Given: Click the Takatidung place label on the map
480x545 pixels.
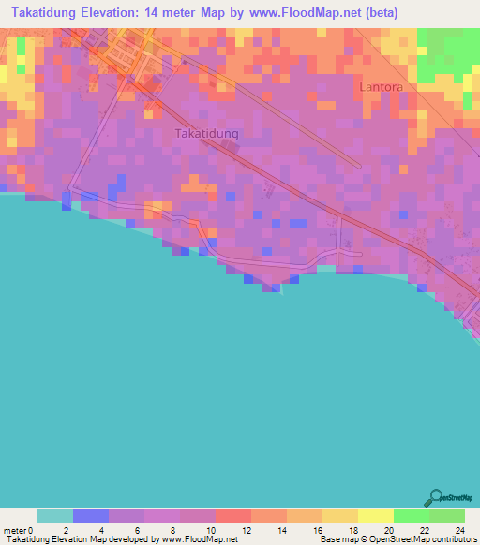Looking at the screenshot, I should pyautogui.click(x=206, y=134).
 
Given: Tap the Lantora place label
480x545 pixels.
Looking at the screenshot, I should pyautogui.click(x=380, y=87).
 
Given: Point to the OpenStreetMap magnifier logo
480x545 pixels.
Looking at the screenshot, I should pyautogui.click(x=435, y=497).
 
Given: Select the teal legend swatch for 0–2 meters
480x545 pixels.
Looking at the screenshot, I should pyautogui.click(x=55, y=517).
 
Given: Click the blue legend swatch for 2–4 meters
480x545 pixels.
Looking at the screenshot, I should pyautogui.click(x=91, y=517).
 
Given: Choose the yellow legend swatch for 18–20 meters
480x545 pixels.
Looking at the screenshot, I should pyautogui.click(x=375, y=517).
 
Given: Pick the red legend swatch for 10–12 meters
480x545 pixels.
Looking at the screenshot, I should pyautogui.click(x=232, y=517).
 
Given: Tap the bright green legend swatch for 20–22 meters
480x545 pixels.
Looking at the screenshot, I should pyautogui.click(x=411, y=517).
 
